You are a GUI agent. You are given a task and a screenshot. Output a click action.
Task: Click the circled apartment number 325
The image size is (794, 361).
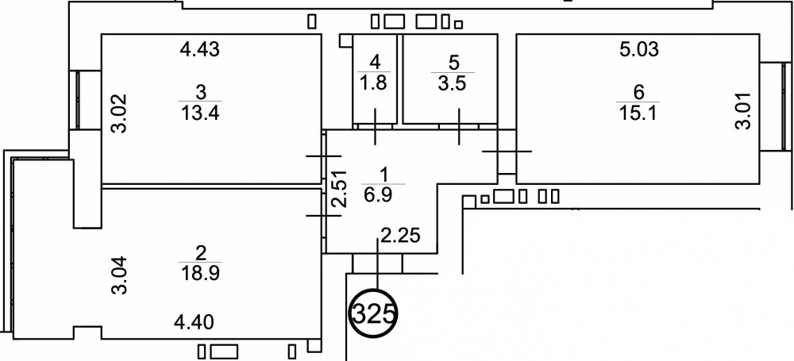(373, 315)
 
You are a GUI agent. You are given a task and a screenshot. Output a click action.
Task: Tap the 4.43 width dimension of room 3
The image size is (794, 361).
(198, 50)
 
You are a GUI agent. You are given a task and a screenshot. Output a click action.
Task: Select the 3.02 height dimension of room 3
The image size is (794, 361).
(118, 114)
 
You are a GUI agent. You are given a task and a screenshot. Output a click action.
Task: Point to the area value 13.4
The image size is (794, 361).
(199, 112)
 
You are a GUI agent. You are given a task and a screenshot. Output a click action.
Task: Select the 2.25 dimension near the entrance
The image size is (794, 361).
(399, 235)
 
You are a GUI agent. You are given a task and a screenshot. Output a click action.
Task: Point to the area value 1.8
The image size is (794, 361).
(374, 82)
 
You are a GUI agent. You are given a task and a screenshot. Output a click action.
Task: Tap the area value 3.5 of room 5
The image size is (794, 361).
(454, 82)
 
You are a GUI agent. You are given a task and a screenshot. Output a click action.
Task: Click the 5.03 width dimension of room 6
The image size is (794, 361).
(640, 50)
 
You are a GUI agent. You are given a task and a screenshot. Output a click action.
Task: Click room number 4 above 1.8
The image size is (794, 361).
(374, 60)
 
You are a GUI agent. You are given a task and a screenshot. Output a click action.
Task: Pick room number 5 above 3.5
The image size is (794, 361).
(454, 60)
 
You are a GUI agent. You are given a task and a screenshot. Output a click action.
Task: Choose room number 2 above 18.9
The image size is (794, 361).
(200, 253)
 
